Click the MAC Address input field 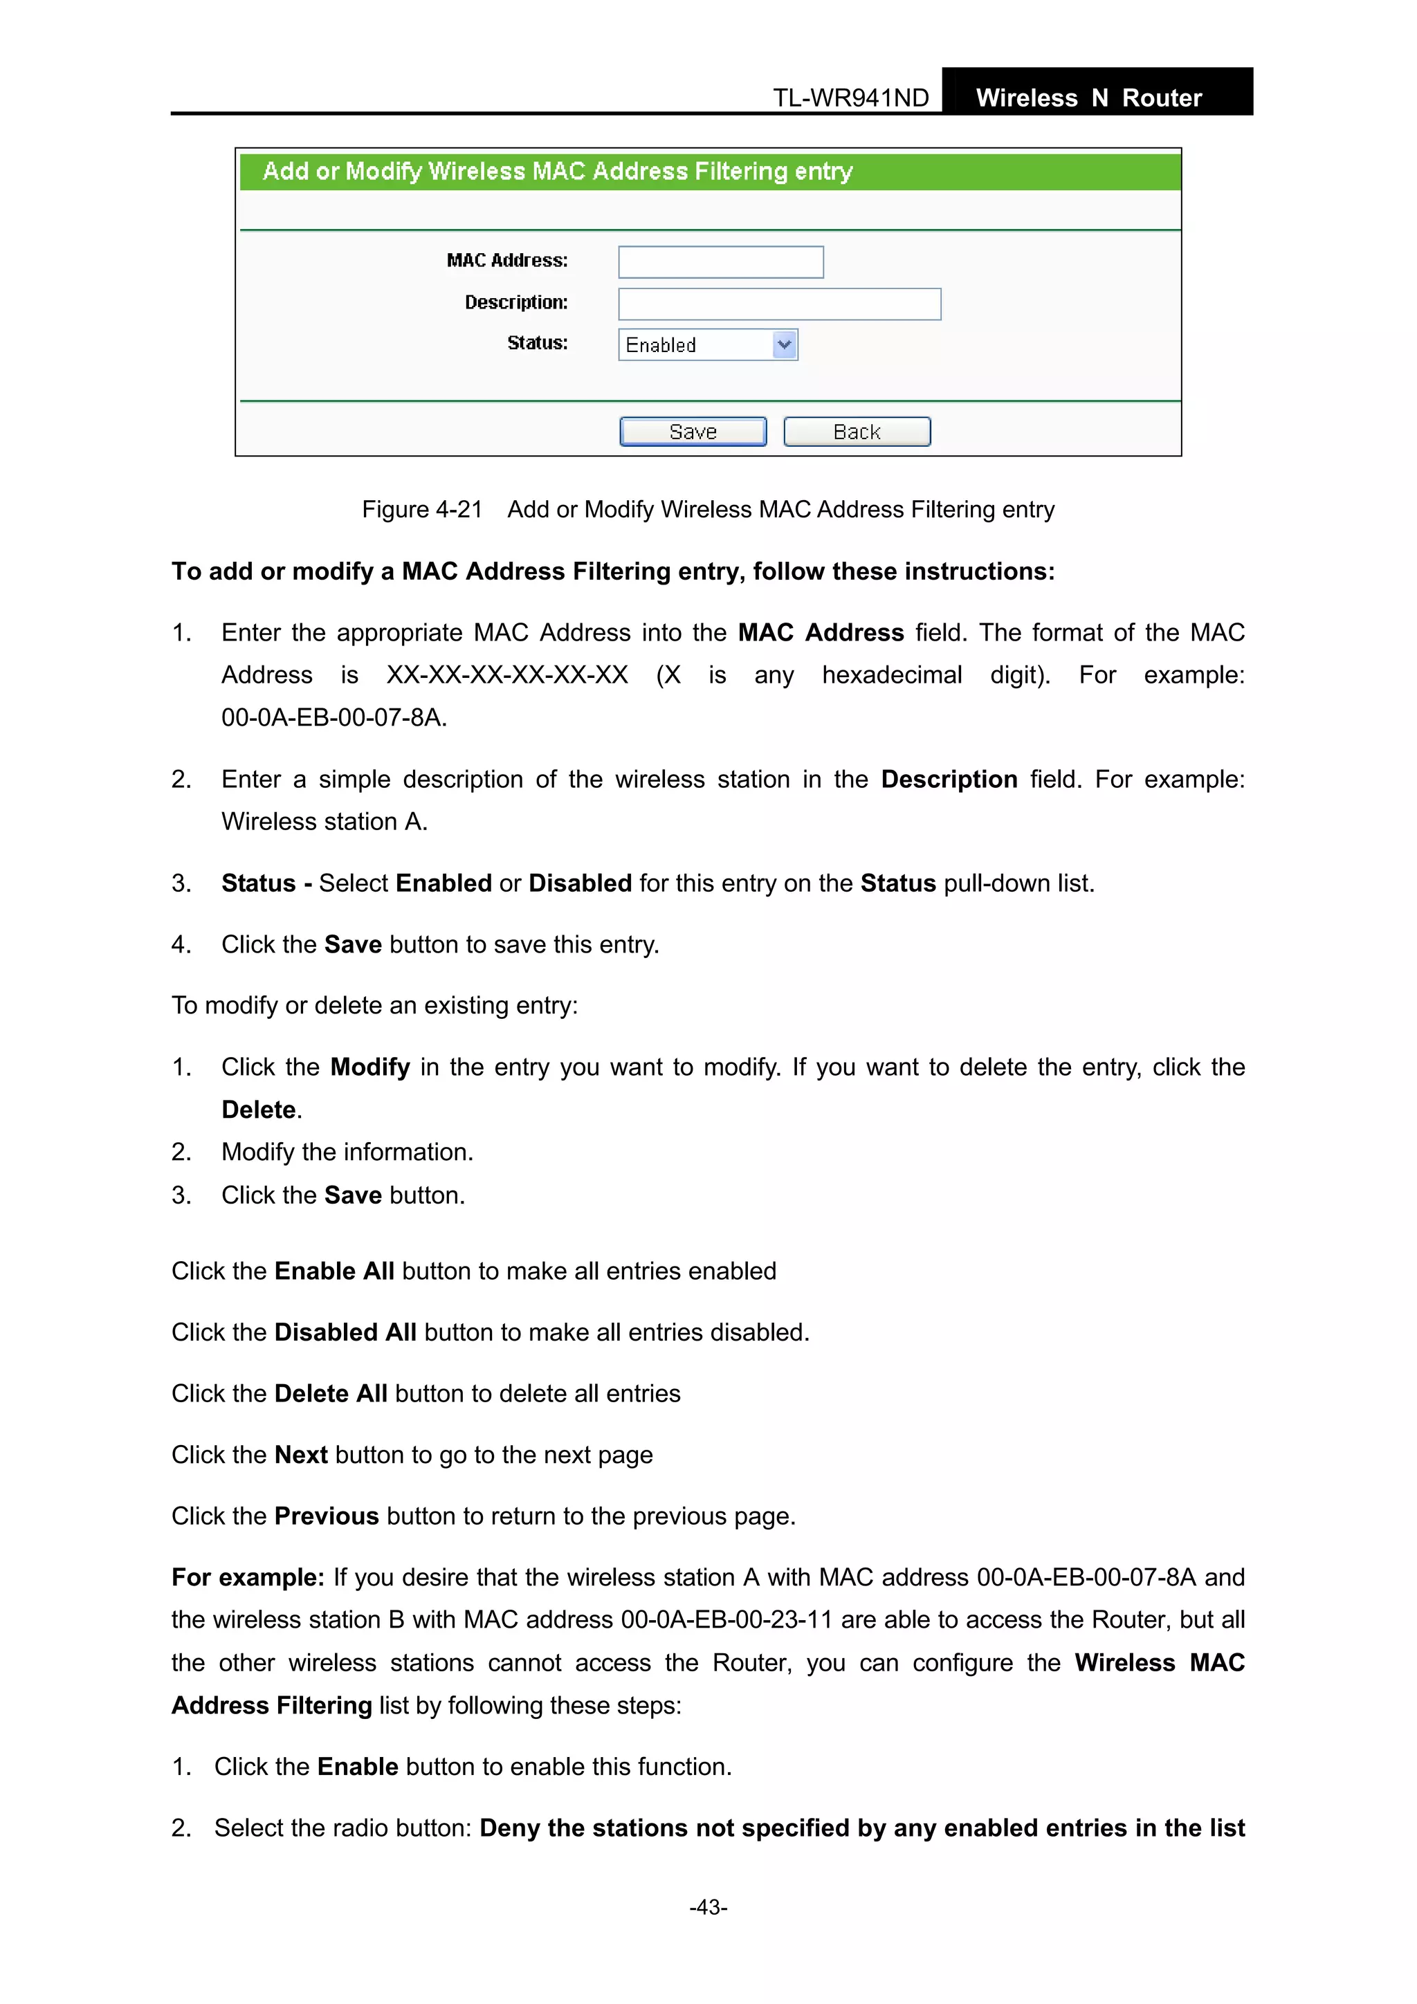(720, 262)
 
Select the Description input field (779, 304)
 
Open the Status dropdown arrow (784, 344)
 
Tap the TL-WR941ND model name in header (850, 98)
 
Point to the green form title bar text (557, 171)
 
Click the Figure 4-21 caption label (421, 510)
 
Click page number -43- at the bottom (708, 1907)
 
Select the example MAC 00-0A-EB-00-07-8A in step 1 (333, 717)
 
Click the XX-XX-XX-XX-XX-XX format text (507, 674)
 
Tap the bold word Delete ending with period (259, 1110)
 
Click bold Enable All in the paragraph (334, 1271)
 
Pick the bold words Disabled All (345, 1332)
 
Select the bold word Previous (327, 1516)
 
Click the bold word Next (300, 1455)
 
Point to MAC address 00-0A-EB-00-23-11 (726, 1620)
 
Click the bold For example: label (248, 1577)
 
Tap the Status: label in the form (537, 343)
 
